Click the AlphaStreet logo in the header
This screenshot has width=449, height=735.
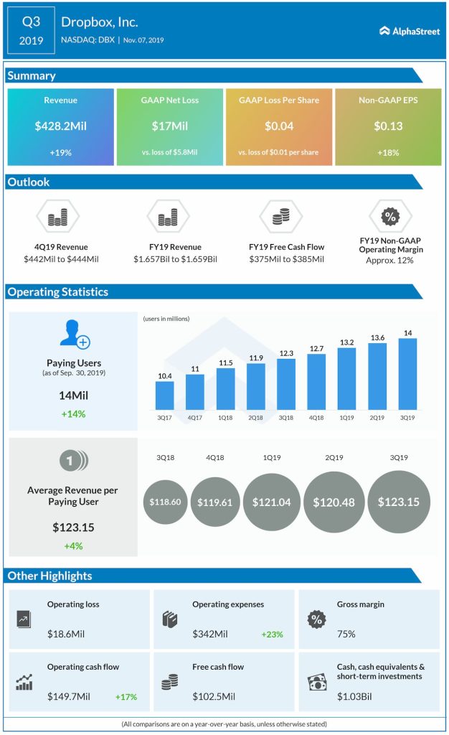coord(410,31)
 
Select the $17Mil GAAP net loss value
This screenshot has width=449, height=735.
coord(169,126)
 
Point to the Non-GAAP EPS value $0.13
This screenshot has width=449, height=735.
coord(388,126)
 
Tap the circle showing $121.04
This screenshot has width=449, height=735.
coord(271,502)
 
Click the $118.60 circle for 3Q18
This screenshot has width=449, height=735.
coord(165,502)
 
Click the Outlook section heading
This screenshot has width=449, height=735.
coord(29,182)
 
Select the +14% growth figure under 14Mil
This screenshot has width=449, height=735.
coord(72,413)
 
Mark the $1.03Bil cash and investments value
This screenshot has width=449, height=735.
coord(356,696)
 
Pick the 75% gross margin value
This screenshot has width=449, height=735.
coord(347,635)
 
